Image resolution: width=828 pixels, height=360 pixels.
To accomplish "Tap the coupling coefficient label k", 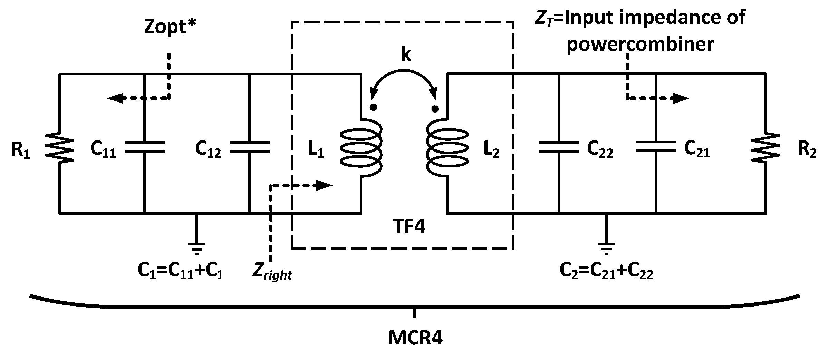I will tap(406, 54).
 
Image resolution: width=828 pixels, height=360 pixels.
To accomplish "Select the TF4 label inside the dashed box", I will tap(409, 227).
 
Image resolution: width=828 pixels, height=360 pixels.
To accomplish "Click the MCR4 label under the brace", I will tap(415, 338).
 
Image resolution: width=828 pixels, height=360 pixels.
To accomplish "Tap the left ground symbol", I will tap(196, 248).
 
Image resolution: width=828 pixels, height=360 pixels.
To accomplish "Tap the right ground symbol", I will tap(605, 248).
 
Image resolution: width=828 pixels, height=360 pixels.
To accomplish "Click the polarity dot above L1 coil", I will tap(373, 107).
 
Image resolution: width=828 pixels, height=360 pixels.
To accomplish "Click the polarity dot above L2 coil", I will tap(435, 109).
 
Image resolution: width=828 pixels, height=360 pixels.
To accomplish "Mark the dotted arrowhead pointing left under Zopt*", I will tap(115, 98).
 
